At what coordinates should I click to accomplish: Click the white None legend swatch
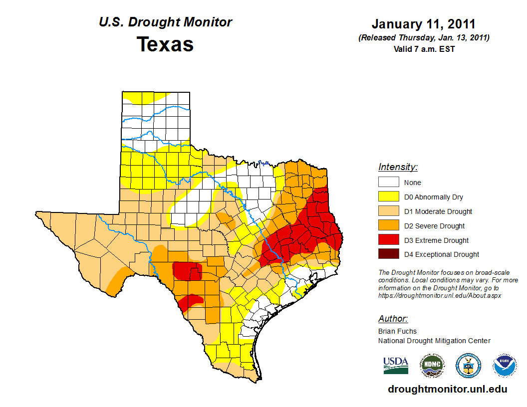click(x=389, y=182)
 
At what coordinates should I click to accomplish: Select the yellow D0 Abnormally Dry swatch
click(x=389, y=197)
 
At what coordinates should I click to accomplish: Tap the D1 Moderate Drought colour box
click(x=389, y=211)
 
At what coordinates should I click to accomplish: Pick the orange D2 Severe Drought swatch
click(x=389, y=225)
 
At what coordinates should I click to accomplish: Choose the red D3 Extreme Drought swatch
click(x=389, y=240)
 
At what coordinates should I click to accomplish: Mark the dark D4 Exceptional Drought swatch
click(x=389, y=254)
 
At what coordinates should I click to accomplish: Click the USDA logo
click(x=396, y=365)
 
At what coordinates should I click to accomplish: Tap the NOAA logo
click(x=505, y=365)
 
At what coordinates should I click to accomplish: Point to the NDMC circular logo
click(x=432, y=365)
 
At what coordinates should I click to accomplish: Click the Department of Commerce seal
click(x=468, y=365)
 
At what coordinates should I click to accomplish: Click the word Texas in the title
click(x=165, y=44)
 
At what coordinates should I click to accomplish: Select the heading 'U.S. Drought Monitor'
click(x=165, y=22)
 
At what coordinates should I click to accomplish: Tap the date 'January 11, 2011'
click(x=424, y=24)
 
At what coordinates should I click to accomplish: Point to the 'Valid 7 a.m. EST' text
click(x=424, y=49)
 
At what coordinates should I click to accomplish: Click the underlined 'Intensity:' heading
click(x=398, y=167)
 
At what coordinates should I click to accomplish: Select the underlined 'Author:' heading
click(x=393, y=319)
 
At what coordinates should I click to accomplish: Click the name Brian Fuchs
click(x=397, y=331)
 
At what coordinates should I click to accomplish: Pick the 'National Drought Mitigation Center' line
click(x=434, y=341)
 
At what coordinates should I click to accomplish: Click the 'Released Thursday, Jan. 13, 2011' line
click(x=424, y=38)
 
